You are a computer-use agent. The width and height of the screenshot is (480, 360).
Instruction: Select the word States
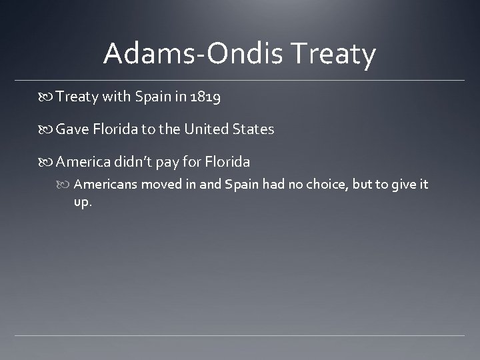253,129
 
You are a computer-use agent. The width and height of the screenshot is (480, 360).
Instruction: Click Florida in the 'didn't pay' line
229,161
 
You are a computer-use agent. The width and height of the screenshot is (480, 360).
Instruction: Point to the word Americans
105,185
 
